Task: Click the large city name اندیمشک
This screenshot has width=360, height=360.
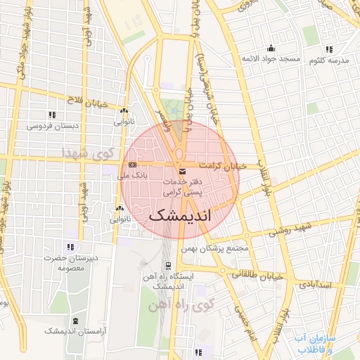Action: [x=180, y=215]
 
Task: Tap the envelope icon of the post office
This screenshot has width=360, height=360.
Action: [x=183, y=172]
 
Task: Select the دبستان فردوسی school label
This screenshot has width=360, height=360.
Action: [x=51, y=127]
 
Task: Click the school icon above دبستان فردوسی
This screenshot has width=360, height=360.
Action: [x=51, y=115]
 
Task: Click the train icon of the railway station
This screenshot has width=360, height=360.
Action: [x=168, y=265]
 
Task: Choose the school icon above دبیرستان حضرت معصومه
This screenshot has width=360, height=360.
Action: [x=70, y=247]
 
